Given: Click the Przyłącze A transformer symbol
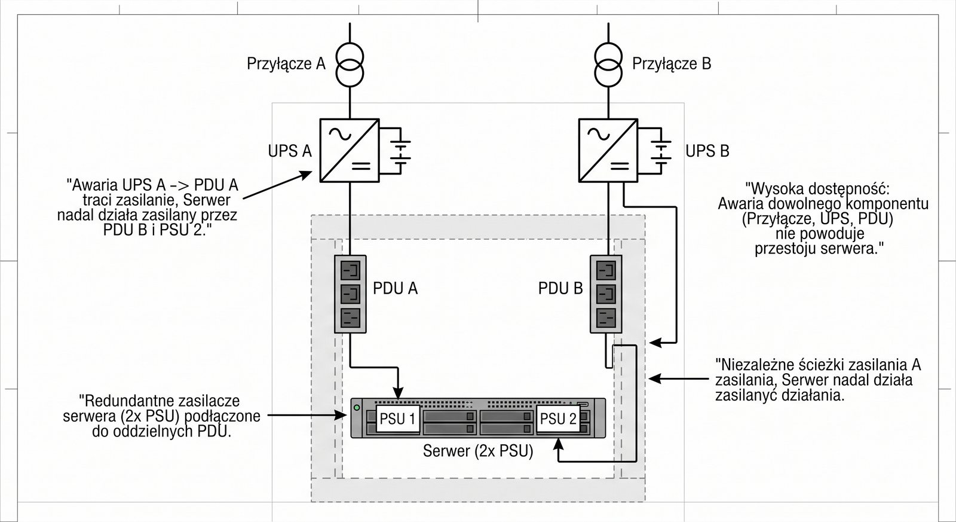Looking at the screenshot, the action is click(350, 64).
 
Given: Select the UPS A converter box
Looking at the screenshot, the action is click(350, 150).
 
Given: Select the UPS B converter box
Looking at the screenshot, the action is click(608, 150).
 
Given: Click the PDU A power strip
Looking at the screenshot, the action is click(350, 294).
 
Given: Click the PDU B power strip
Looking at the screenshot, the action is click(606, 294).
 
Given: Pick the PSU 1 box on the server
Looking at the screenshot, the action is click(397, 419).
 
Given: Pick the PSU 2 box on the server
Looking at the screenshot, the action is click(558, 419).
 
